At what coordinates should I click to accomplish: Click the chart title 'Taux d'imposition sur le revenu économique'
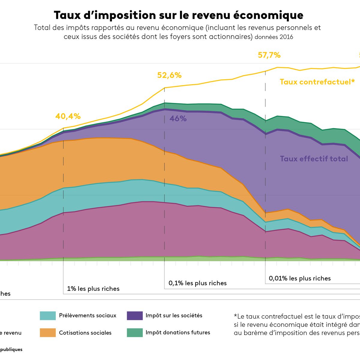178,15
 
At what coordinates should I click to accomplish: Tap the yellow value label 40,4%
68,116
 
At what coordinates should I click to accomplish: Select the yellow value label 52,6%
169,75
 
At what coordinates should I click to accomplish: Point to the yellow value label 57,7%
269,55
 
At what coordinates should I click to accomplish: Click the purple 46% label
178,119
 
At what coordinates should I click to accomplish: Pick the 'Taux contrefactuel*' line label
317,82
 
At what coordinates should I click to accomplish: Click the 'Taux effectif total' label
314,159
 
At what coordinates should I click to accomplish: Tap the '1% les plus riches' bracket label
93,289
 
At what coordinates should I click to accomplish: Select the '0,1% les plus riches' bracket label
197,283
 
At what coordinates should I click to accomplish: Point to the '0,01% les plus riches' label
300,278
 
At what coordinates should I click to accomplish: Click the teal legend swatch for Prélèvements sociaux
48,316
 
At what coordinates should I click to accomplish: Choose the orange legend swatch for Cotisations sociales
48,332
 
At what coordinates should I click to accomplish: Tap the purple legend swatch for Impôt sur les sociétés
135,316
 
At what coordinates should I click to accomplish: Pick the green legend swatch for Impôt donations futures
135,332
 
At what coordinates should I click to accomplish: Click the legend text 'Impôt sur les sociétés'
174,316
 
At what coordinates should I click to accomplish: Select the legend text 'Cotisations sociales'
85,333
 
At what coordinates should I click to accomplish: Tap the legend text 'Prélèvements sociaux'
88,316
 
